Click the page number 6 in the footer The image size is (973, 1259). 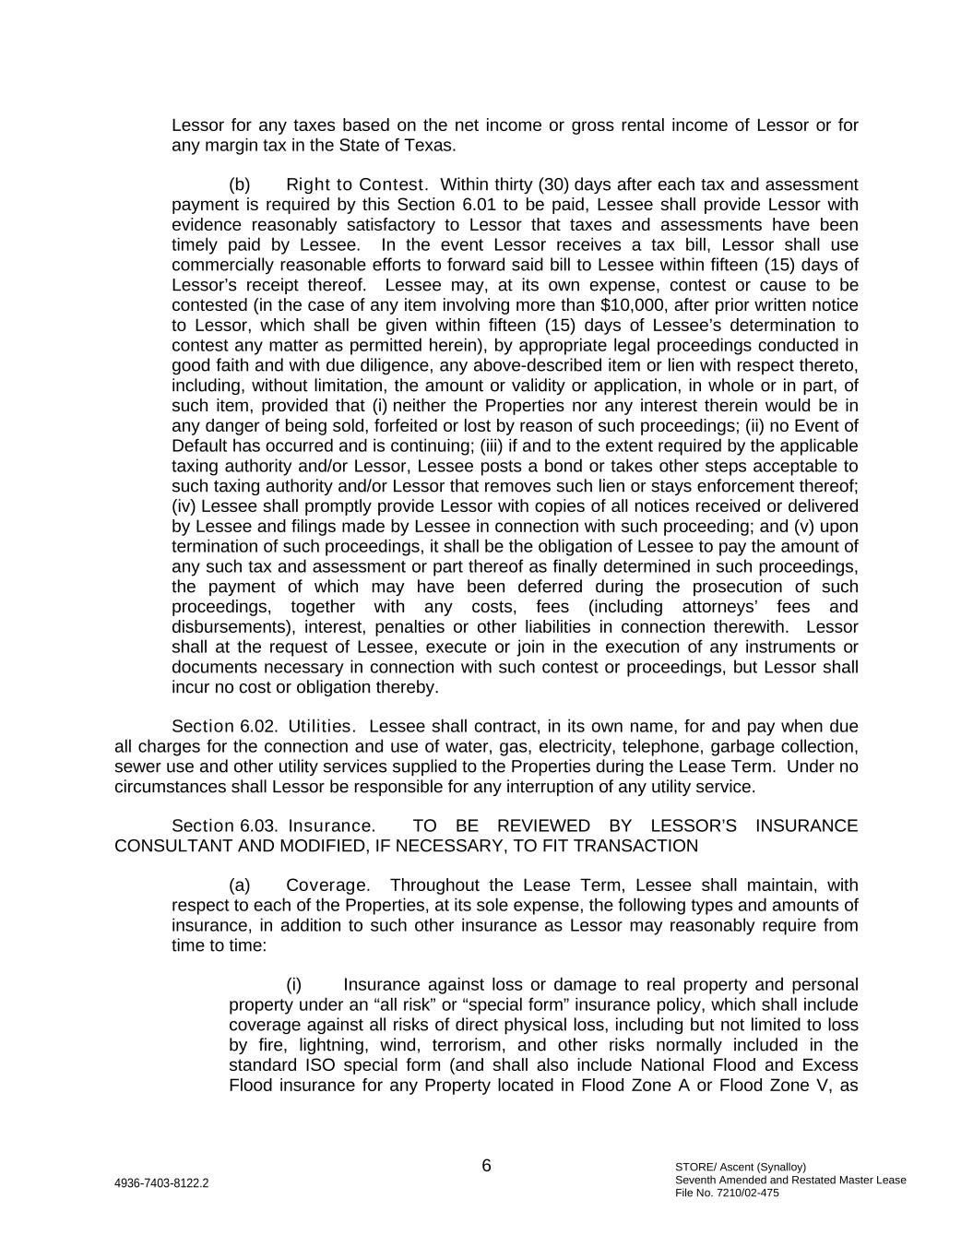coord(486,1166)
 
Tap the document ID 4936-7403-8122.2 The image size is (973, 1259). coord(161,1183)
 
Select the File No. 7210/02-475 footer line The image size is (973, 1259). coord(727,1193)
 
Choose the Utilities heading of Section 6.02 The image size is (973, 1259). coord(322,727)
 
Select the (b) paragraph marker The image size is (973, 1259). coord(239,184)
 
